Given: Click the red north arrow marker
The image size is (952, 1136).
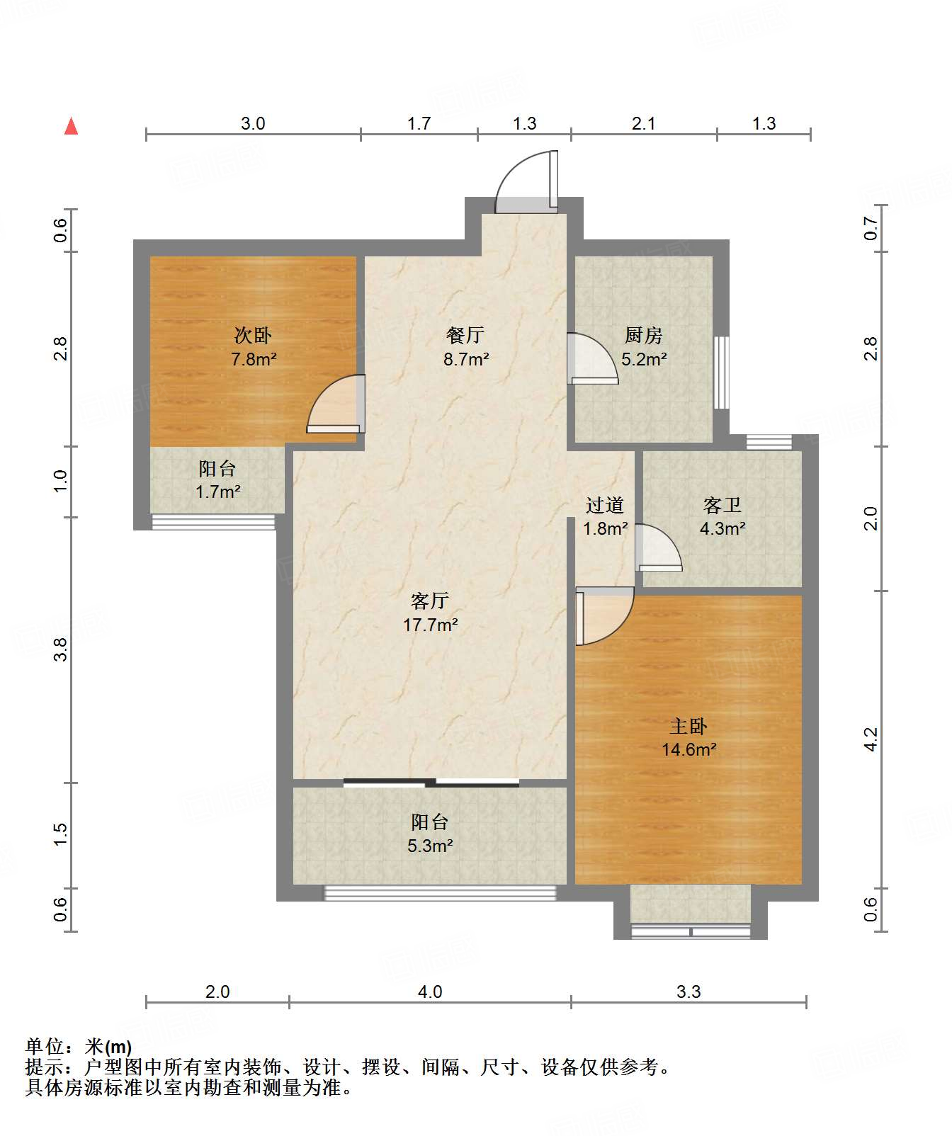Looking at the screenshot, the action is [71, 126].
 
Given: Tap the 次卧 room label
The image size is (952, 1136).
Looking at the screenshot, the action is [253, 335].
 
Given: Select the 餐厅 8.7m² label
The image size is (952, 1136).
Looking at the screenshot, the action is [465, 347].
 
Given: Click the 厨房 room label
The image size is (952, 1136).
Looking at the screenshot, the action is [643, 335].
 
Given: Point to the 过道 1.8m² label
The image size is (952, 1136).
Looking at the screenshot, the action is [605, 516].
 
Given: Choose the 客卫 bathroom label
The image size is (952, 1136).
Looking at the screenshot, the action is [722, 505].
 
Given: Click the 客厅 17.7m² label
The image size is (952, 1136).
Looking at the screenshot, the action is [430, 613].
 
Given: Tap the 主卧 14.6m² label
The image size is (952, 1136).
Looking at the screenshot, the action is [688, 737].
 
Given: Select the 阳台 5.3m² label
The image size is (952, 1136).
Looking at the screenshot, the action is [430, 834].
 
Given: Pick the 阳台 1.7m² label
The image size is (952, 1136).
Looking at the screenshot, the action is [217, 479].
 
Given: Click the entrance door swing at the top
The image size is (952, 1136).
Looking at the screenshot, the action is [526, 181].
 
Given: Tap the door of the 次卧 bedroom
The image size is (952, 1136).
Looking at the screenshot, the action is [336, 404].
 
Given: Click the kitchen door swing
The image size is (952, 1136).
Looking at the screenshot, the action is [592, 358].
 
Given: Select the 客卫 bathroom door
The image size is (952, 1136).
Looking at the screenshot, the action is [659, 547].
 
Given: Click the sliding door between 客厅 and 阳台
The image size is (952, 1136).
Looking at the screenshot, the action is [431, 783].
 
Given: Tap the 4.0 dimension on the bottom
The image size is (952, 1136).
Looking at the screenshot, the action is [430, 992].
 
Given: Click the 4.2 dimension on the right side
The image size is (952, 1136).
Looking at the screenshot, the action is [871, 739].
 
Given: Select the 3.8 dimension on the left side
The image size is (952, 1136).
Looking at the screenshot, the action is [62, 649].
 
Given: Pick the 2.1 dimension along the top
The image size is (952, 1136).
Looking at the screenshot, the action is [643, 123].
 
